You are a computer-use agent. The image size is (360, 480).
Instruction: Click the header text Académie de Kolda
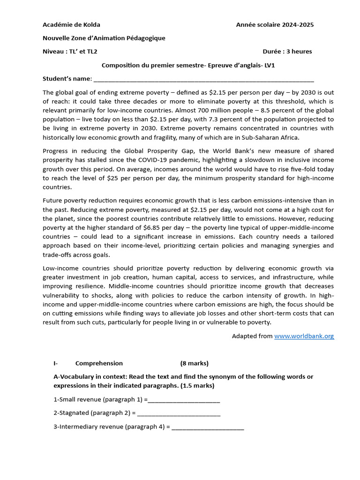(71, 24)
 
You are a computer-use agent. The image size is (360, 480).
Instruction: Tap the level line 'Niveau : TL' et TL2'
(70, 51)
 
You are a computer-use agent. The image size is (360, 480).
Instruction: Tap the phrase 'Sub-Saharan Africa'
(270, 137)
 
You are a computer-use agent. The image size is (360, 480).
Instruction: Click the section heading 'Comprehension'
(99, 363)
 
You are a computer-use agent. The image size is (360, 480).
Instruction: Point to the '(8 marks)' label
(194, 363)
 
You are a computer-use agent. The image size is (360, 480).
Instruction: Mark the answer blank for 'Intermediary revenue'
(208, 427)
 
